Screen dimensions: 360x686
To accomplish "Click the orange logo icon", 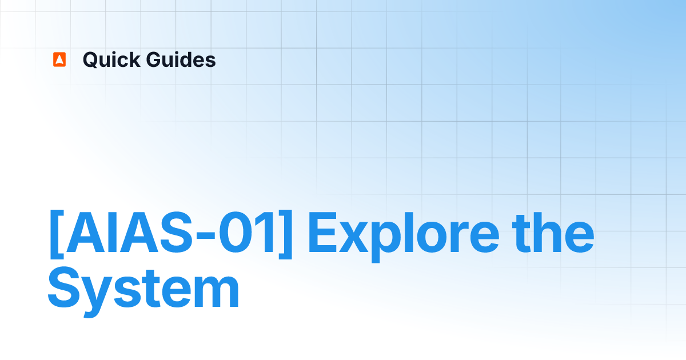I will (x=59, y=59).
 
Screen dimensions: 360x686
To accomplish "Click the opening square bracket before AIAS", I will (x=55, y=234).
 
